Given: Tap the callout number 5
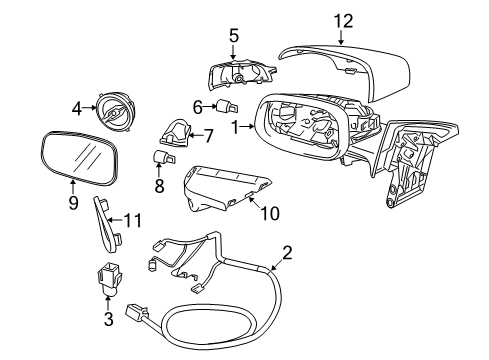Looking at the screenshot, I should (x=234, y=35).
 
